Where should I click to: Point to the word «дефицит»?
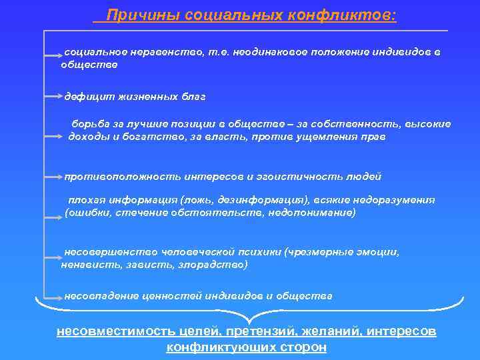coord(87,97)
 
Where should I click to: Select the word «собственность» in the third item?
coord(353,124)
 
